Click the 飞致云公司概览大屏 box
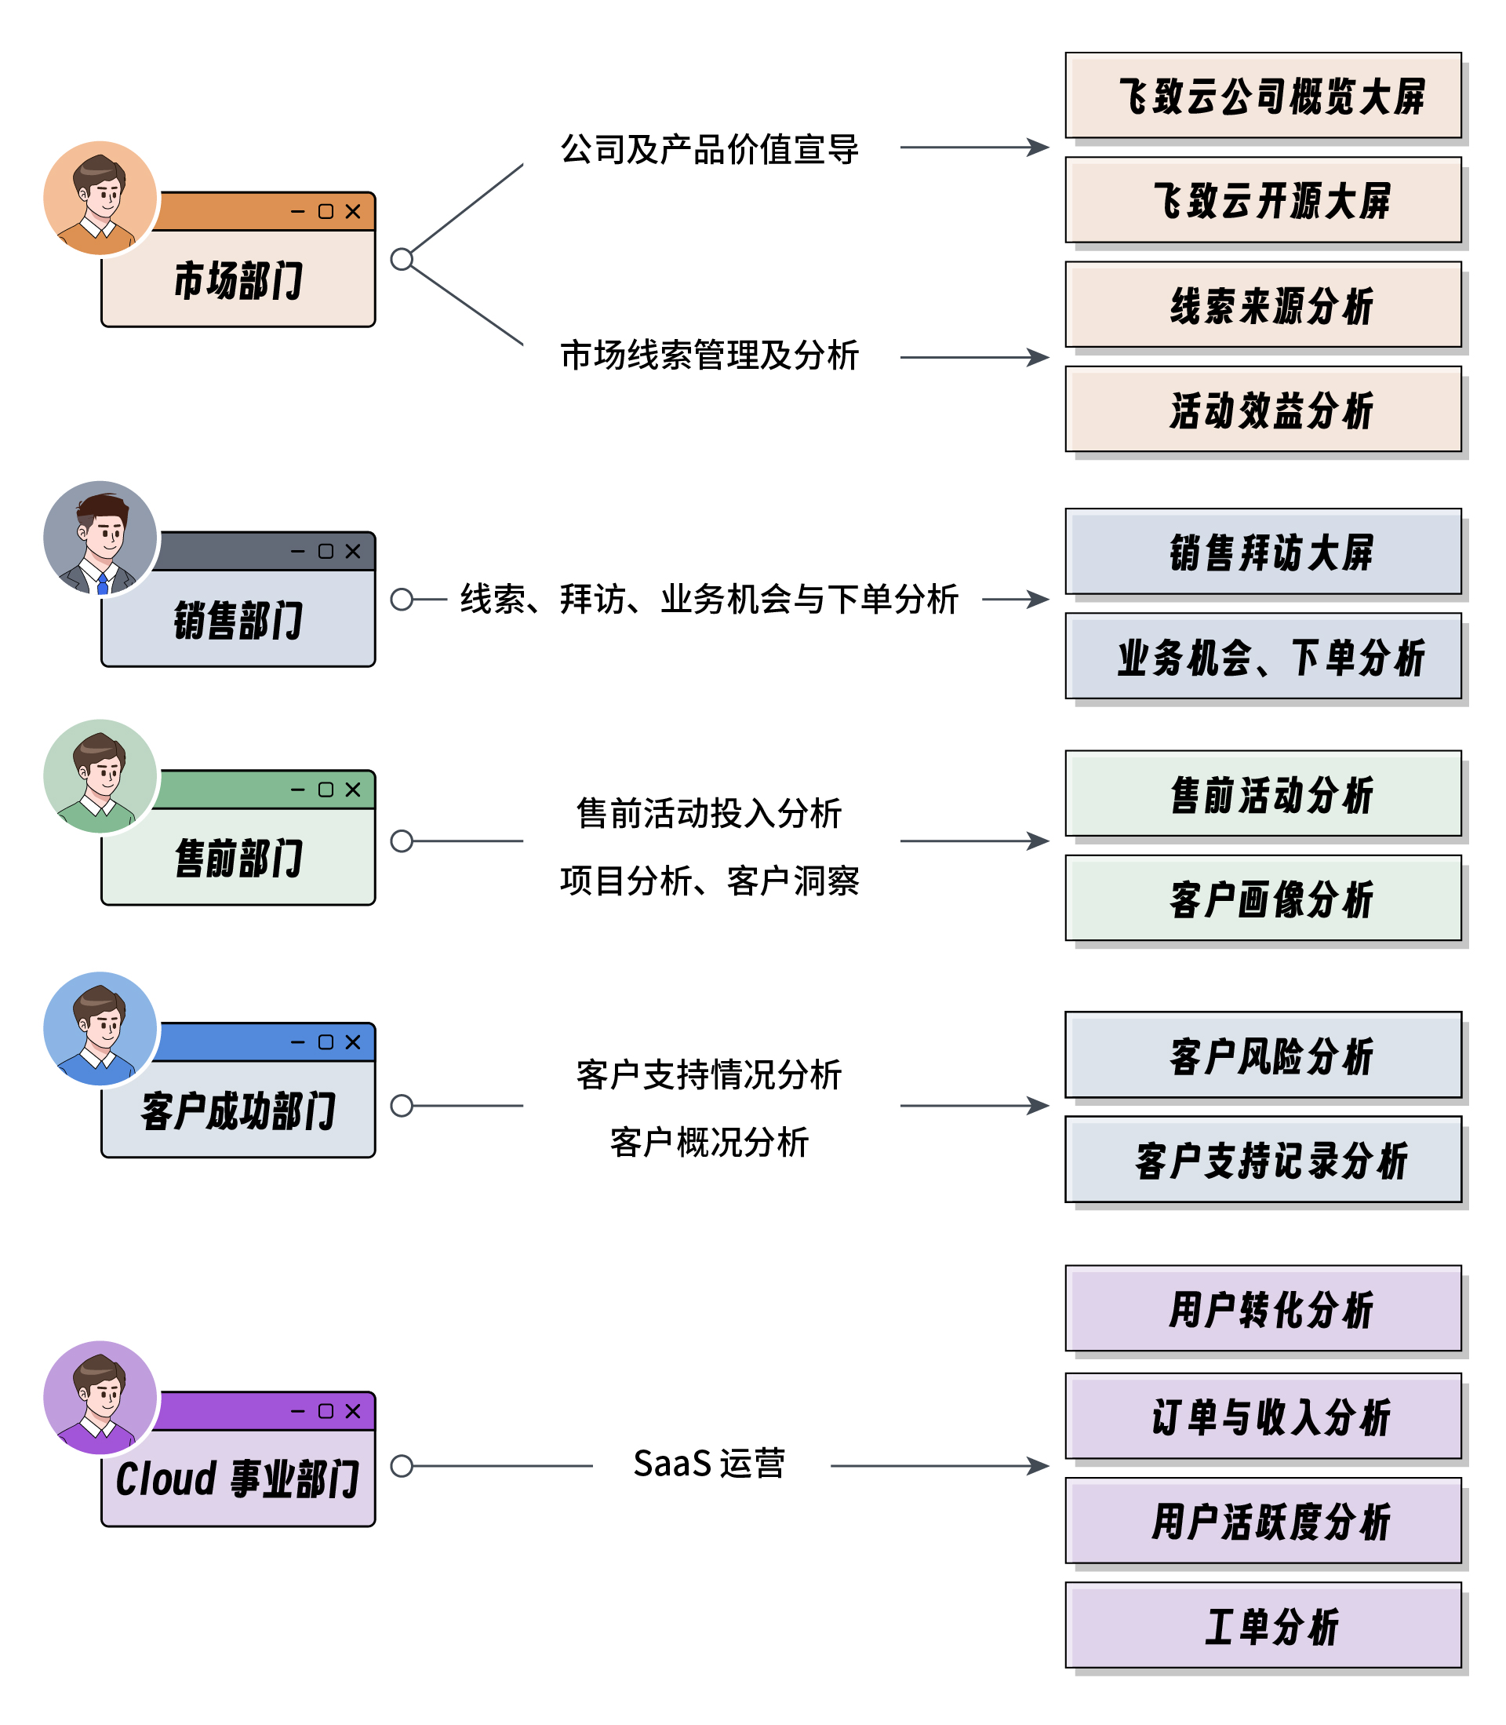point(1262,96)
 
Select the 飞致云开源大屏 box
point(1262,200)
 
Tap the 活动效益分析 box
point(1262,410)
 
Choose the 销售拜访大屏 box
point(1262,552)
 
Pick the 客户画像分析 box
point(1262,898)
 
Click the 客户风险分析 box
point(1262,1055)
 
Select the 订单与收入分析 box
point(1262,1417)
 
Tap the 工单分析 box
point(1262,1625)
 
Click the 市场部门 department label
point(238,280)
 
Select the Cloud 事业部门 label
point(238,1479)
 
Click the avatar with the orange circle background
point(101,199)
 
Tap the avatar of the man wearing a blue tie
point(101,538)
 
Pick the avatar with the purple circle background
point(101,1397)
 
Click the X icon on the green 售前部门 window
point(353,790)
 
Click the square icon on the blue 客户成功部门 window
point(326,1042)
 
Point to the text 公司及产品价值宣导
point(709,150)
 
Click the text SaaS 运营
point(709,1464)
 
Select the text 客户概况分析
point(709,1143)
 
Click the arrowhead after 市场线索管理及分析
point(1040,357)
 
